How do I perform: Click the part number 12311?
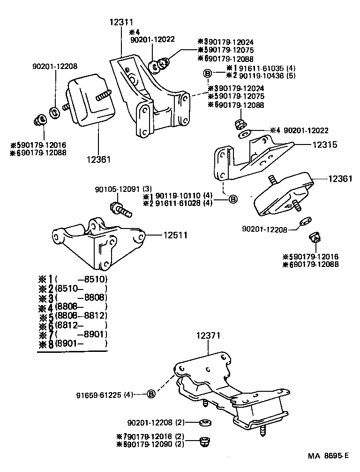[x=121, y=22]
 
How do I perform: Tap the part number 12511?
[x=175, y=235]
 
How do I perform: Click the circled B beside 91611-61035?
[x=207, y=73]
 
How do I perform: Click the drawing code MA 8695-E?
[x=328, y=456]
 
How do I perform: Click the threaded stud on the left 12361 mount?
[x=103, y=95]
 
